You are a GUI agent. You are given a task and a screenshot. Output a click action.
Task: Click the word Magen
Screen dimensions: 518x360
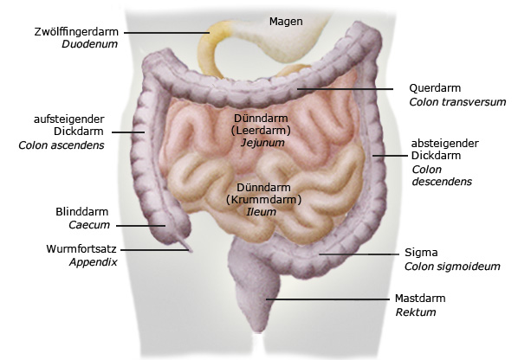(286, 22)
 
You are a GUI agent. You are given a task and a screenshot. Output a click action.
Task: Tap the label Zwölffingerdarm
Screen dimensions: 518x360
(76, 32)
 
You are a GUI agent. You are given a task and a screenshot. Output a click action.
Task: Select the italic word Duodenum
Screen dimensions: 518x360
(89, 44)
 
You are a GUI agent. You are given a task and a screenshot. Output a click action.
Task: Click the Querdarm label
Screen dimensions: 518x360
(435, 88)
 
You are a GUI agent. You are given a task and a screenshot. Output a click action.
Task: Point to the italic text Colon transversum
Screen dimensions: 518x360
(457, 102)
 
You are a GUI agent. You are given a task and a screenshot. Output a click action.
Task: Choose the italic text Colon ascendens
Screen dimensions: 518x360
(62, 145)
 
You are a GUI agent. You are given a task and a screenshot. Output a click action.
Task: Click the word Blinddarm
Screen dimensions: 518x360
(82, 211)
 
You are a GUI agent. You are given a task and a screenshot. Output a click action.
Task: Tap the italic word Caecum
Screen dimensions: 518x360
(89, 225)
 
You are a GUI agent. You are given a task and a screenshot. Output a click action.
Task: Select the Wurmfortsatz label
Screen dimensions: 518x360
(81, 249)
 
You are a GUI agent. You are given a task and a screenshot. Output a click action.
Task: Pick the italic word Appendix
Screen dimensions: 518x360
(94, 262)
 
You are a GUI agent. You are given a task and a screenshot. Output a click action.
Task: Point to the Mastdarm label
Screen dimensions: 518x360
(420, 299)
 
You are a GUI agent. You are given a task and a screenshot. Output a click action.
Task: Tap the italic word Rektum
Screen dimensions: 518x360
(416, 312)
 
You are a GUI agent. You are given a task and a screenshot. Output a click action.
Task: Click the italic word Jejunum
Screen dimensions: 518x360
(262, 143)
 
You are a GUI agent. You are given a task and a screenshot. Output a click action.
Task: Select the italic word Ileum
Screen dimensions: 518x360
(261, 212)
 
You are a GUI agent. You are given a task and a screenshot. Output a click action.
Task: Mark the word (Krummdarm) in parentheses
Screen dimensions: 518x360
(263, 200)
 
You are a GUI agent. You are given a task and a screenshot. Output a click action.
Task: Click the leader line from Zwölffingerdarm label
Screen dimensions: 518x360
(167, 33)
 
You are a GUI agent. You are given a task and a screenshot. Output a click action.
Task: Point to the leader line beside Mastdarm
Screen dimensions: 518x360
(327, 299)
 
